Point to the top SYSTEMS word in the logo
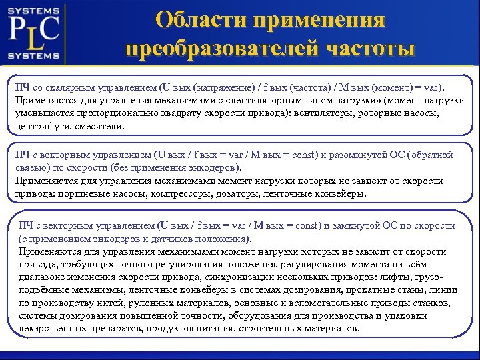[x=34, y=9]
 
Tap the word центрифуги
[x=42, y=125]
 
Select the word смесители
[x=102, y=125]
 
